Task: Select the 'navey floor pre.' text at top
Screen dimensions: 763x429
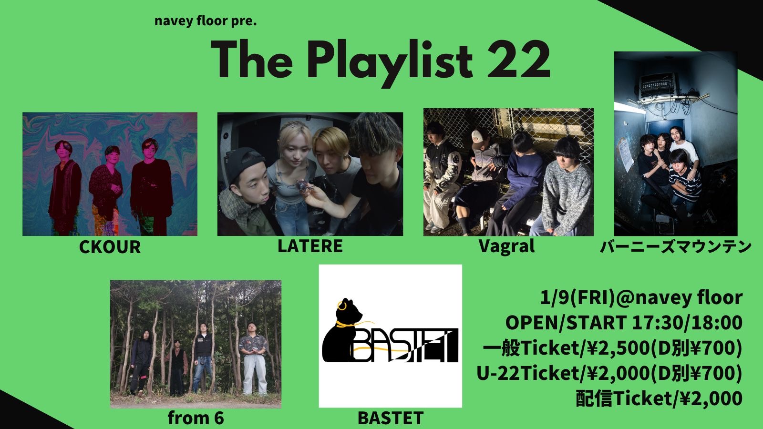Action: tap(206, 21)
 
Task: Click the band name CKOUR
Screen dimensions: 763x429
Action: tap(110, 247)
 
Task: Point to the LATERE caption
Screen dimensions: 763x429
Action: tap(310, 246)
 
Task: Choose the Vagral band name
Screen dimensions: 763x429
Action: tap(506, 246)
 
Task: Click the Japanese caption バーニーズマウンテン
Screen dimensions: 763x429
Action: tap(676, 247)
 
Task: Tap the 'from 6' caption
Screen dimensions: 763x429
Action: tap(196, 418)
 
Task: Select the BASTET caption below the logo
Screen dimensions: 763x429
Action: tap(391, 418)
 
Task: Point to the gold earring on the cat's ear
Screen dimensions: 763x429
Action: tap(341, 306)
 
